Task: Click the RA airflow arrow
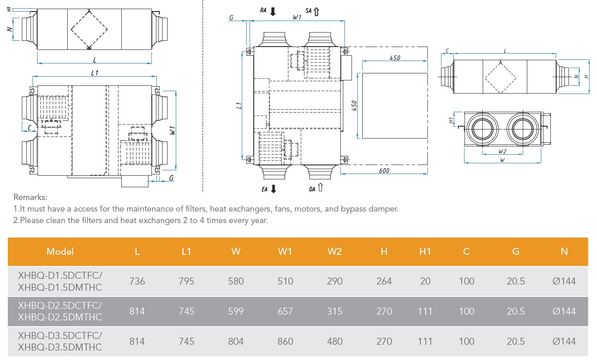point(273,12)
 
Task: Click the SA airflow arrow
point(316,12)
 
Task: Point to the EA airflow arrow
point(273,189)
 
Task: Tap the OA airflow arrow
point(320,188)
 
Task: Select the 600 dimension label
point(384,171)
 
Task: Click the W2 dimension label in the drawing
point(502,151)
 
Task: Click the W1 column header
point(285,252)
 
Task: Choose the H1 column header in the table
point(425,252)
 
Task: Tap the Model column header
point(60,252)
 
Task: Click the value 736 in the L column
point(137,281)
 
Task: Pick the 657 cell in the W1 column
point(285,311)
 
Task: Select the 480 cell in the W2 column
point(335,341)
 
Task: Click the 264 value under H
point(384,281)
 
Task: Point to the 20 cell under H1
point(425,281)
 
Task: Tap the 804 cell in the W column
point(236,341)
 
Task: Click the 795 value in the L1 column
point(186,281)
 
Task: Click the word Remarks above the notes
point(31,197)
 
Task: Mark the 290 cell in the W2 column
point(335,281)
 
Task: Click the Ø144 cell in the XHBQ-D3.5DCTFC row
point(564,341)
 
